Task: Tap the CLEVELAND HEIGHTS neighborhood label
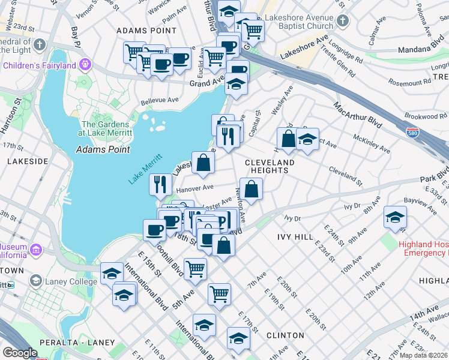(270, 166)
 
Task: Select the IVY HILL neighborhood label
(295, 237)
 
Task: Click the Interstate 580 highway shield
(412, 132)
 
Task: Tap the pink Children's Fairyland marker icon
(86, 63)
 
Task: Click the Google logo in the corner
(20, 353)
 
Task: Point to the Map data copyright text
(423, 355)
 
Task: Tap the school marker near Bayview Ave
(395, 218)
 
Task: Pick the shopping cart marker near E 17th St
(219, 294)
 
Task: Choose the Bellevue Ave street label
(160, 101)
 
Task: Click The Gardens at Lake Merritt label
(106, 128)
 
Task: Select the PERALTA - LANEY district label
(77, 342)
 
